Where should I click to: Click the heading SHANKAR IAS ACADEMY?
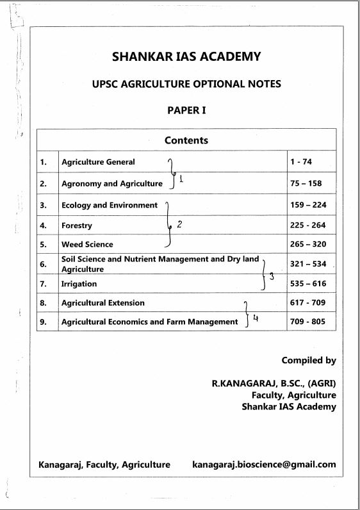(x=186, y=56)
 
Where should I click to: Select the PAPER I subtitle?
(x=186, y=110)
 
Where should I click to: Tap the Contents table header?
(x=186, y=140)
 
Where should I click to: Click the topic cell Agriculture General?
(x=98, y=162)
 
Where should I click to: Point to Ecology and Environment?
(x=109, y=206)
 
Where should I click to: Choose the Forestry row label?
(x=77, y=226)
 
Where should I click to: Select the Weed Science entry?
(x=87, y=244)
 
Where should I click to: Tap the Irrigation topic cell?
(x=79, y=284)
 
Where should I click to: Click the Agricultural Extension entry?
(x=103, y=302)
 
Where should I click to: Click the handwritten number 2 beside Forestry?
(x=179, y=224)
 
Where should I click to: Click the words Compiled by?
(x=309, y=361)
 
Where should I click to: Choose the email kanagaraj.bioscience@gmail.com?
(x=264, y=465)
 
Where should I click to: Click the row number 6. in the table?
(x=44, y=264)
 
